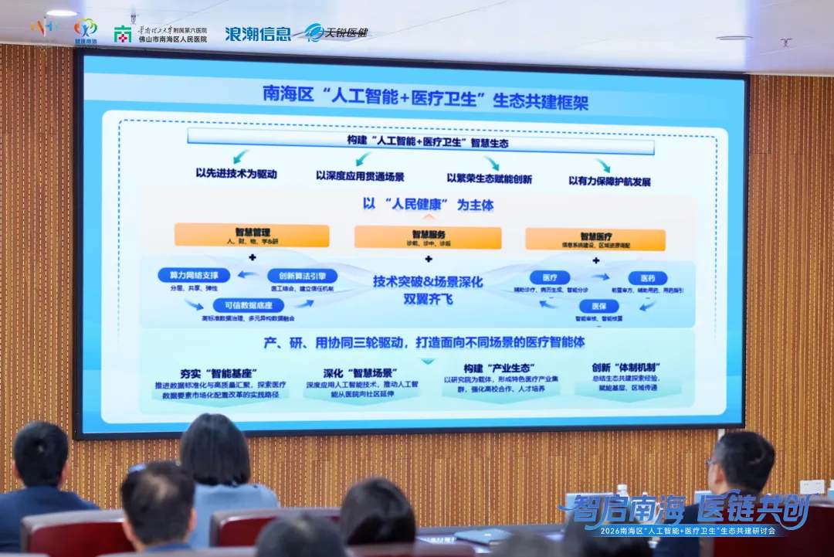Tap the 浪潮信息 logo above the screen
coord(258,34)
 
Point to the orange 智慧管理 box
coord(251,235)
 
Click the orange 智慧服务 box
coord(428,237)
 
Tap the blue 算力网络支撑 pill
coord(194,275)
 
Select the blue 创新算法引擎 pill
coord(302,276)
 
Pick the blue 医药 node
coord(647,278)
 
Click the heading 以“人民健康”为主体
coord(428,205)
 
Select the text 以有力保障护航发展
coord(609,182)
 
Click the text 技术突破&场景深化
coord(427,281)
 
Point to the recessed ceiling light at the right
coord(733,38)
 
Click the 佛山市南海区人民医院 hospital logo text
coord(172,39)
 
